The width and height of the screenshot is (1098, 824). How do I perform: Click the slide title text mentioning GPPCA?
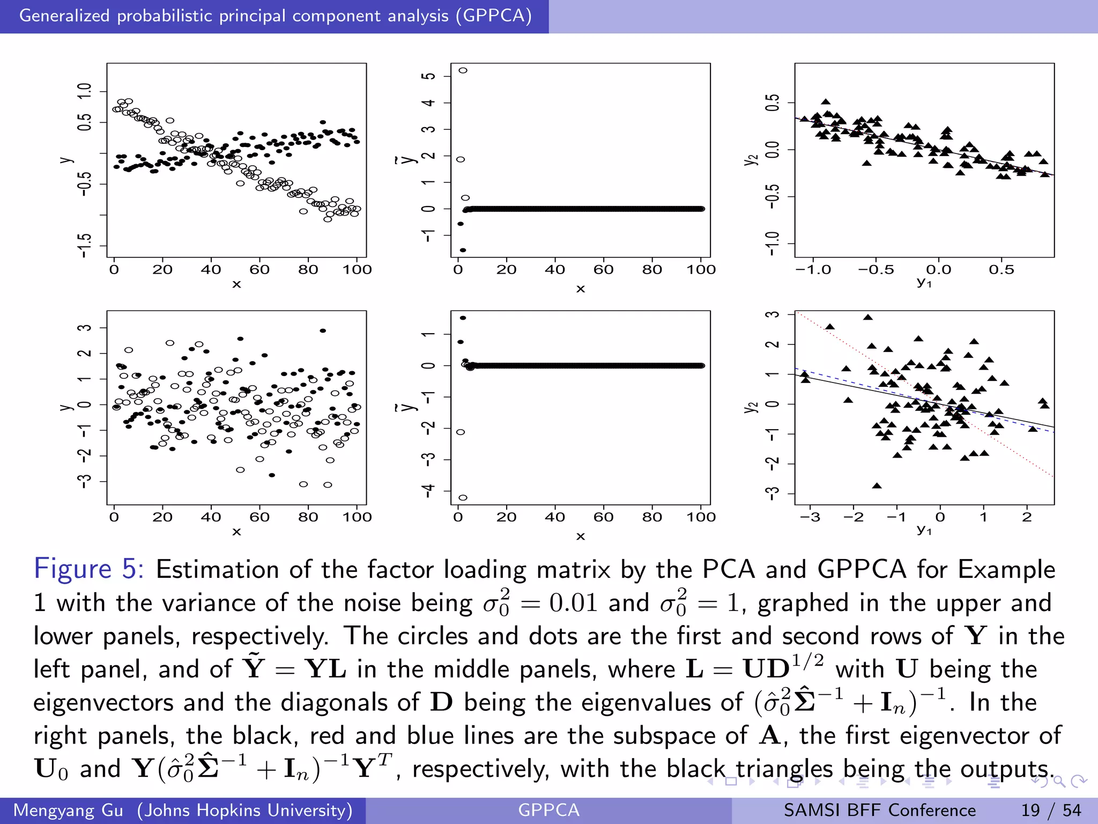275,16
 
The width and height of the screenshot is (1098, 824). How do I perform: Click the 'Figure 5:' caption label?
88,569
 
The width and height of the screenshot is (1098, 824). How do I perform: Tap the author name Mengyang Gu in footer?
68,810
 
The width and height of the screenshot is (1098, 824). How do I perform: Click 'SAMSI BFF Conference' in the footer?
879,810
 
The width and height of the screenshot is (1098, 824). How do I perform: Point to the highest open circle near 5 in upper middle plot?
463,70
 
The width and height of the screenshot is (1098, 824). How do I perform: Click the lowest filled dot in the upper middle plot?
463,250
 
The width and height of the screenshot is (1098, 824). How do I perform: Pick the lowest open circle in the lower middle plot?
463,498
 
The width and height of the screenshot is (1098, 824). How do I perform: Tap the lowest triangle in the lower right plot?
877,486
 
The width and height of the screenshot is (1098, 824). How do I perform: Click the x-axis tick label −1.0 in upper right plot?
813,270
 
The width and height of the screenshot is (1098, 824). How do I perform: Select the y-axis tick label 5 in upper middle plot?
428,76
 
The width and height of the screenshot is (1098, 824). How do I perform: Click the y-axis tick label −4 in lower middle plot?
428,490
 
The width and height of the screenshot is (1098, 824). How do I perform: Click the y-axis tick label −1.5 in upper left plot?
85,246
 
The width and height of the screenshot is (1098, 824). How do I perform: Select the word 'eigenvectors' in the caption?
103,702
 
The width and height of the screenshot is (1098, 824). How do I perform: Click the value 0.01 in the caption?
573,603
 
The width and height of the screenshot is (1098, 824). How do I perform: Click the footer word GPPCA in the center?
548,810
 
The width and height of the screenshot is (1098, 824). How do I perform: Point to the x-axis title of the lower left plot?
236,532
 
